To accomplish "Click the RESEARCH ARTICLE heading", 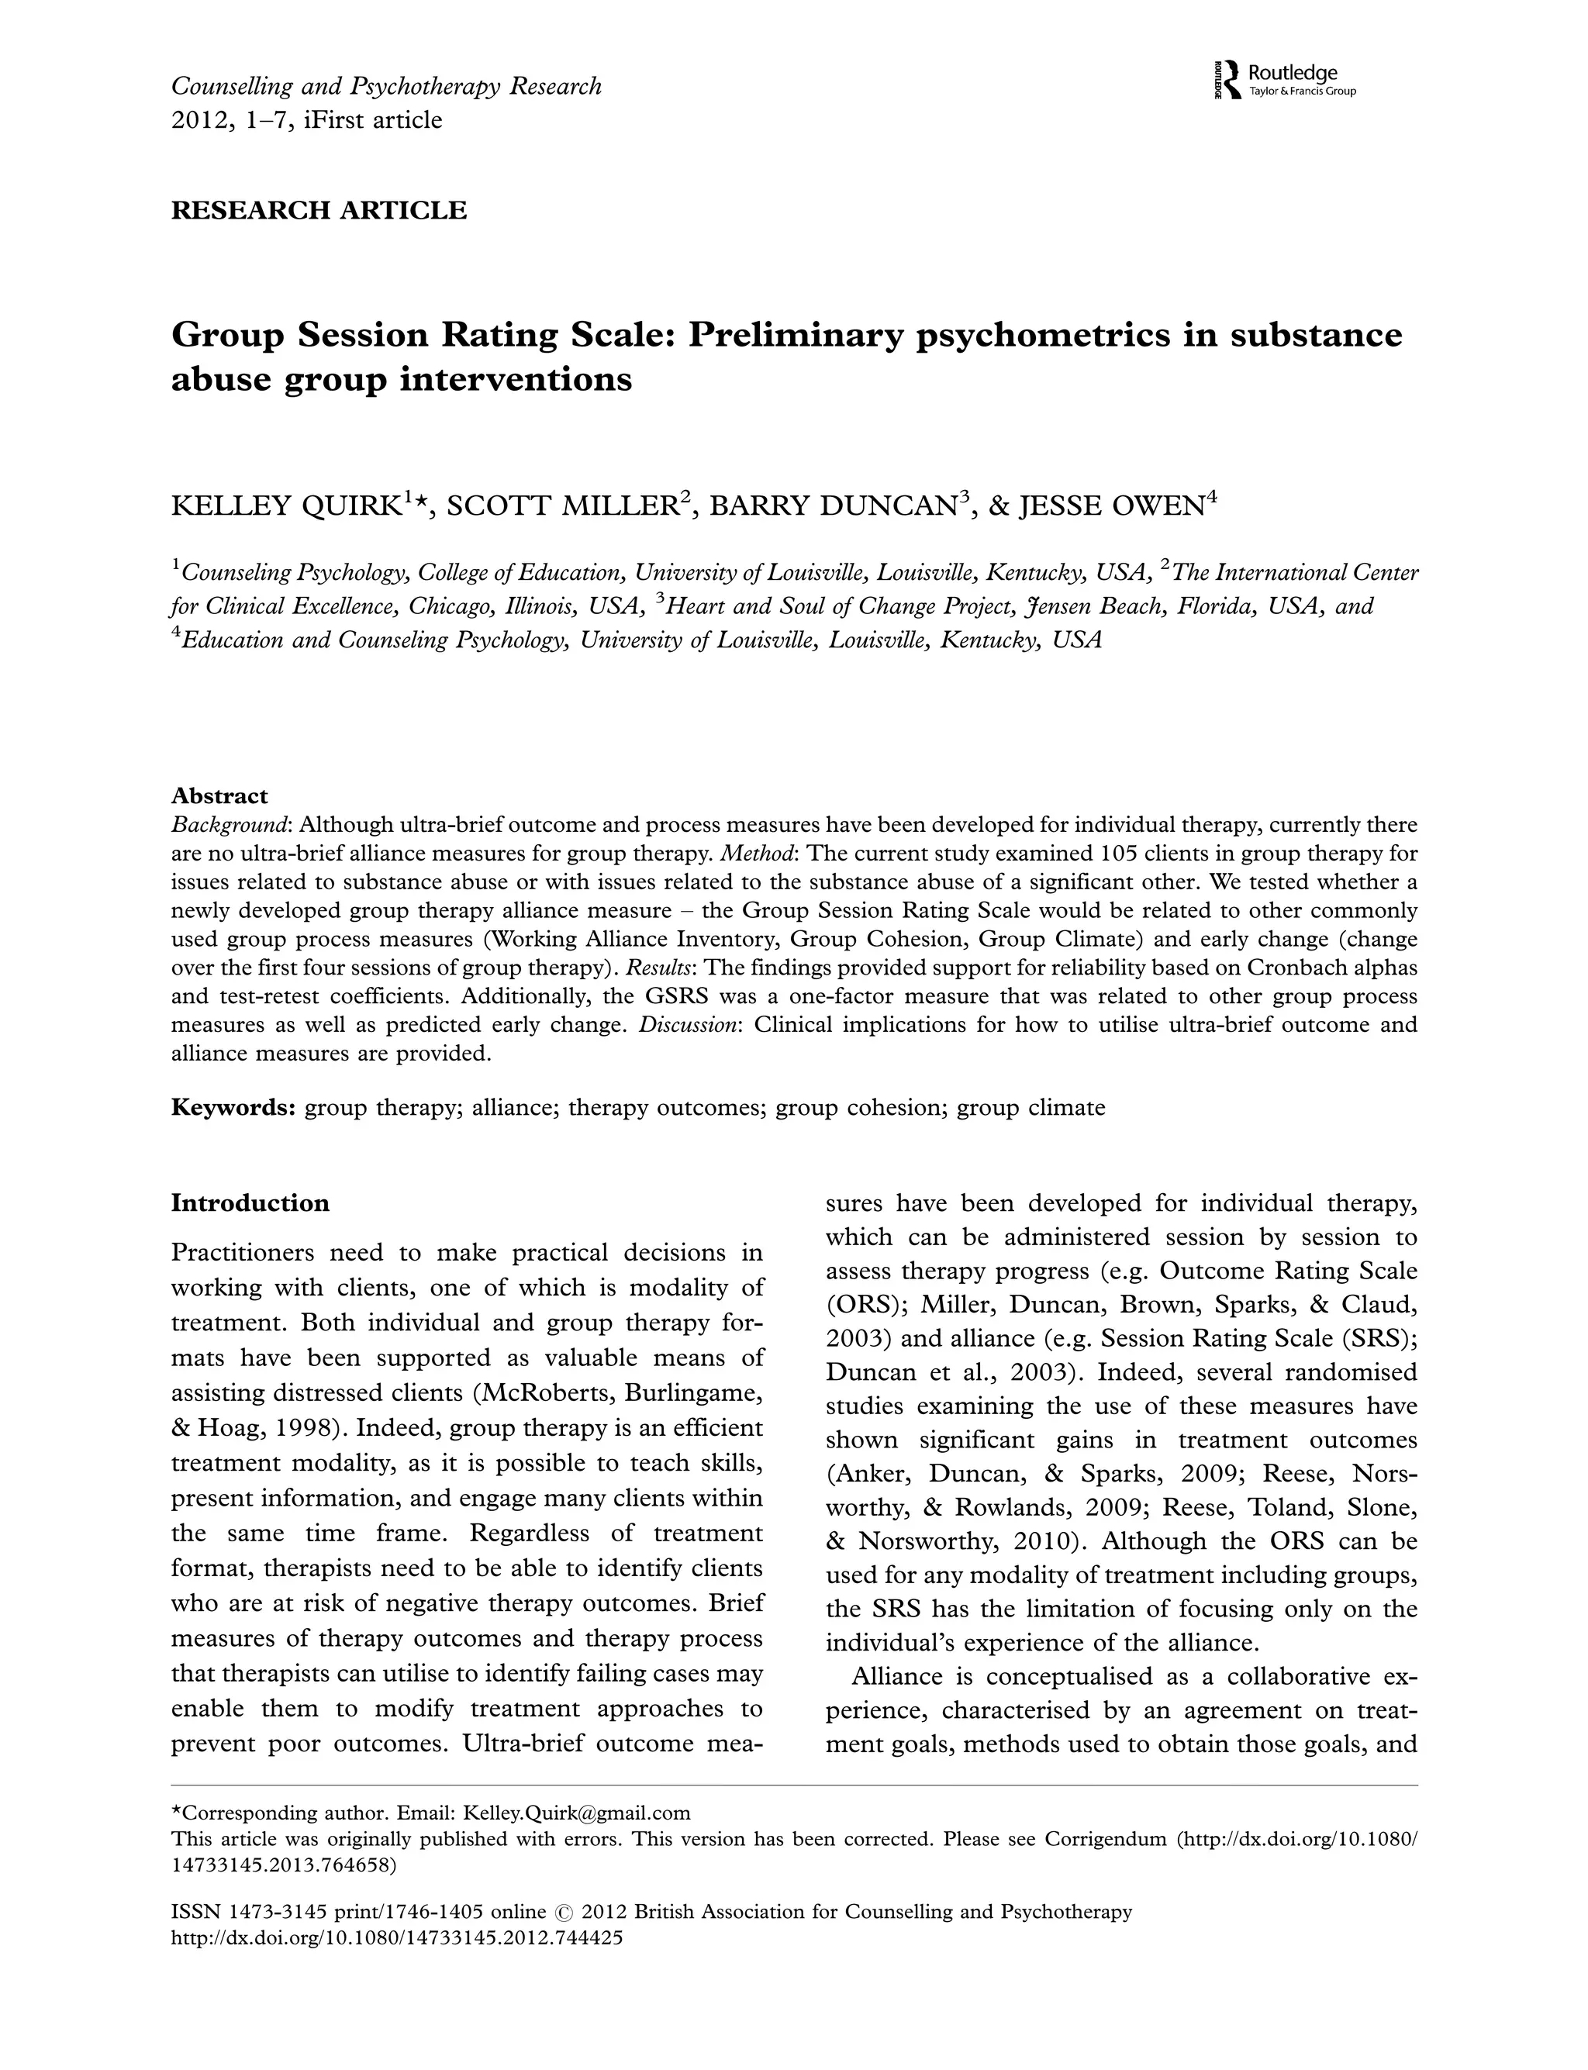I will [x=319, y=210].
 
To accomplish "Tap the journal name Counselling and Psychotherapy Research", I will [x=385, y=87].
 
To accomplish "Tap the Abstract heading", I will [x=219, y=795].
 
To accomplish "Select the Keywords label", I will [x=233, y=1107].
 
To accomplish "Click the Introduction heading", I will [x=250, y=1202].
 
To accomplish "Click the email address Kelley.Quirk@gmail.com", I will [x=577, y=1812].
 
